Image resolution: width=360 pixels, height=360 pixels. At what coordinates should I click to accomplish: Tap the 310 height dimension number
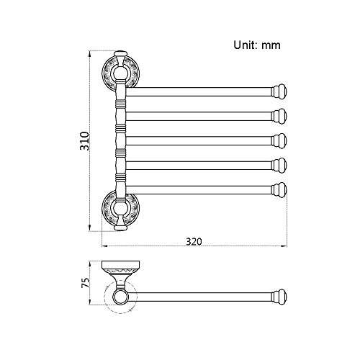coord(84,141)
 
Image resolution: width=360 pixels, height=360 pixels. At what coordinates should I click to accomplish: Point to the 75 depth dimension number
coord(84,282)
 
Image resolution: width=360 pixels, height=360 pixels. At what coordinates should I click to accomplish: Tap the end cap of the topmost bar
coord(279,91)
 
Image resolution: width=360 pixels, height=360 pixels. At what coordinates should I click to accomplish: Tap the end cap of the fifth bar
coord(279,189)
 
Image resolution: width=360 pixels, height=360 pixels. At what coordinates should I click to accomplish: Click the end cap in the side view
coord(279,296)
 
